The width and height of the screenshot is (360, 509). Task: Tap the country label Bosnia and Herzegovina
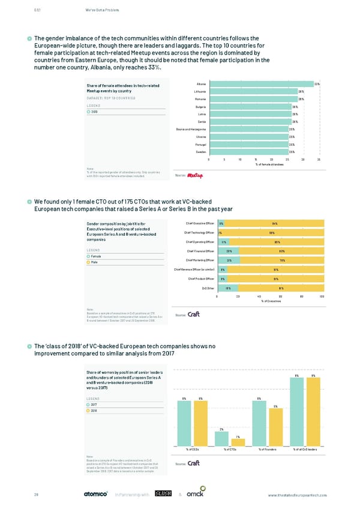(x=190, y=130)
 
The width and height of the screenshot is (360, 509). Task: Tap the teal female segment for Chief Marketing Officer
(x=229, y=260)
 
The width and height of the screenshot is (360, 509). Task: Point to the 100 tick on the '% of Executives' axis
(x=322, y=297)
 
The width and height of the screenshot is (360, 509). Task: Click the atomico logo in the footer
(x=95, y=495)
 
